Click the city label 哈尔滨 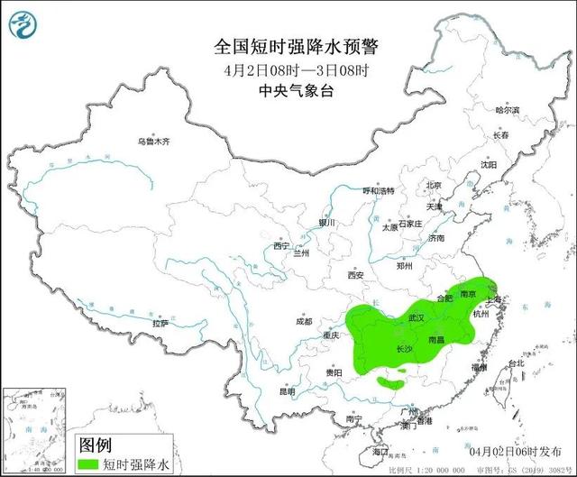pos(508,109)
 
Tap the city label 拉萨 pos(160,323)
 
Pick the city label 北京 pos(435,186)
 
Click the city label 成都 pos(303,321)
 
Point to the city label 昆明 pos(287,392)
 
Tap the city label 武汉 pos(416,318)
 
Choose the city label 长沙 pos(406,348)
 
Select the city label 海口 pos(380,450)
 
